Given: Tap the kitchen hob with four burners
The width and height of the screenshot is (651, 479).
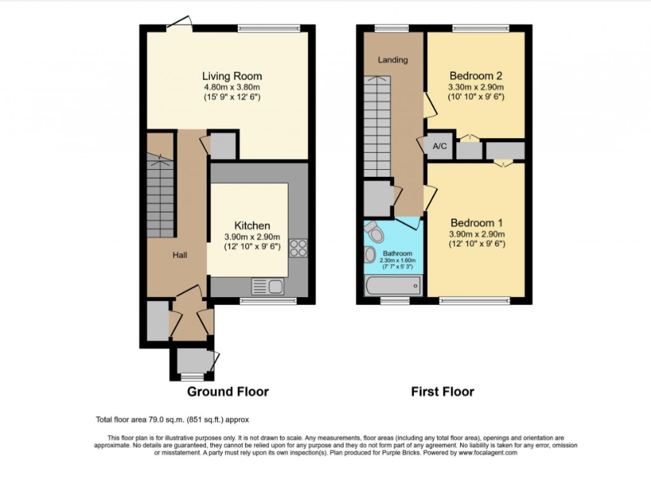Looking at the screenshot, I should (298, 248).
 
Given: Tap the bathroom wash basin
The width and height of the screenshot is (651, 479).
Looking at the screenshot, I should (370, 255).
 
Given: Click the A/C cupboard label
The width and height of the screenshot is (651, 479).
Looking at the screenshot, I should (440, 146).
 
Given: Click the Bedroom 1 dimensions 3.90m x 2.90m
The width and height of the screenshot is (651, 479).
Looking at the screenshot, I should (477, 234).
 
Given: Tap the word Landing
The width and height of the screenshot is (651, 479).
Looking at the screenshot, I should (393, 60).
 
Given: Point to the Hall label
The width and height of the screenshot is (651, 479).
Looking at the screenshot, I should (180, 255).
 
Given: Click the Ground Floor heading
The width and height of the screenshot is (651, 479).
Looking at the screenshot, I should (228, 392).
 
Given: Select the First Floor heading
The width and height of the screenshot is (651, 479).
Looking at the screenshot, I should (442, 392).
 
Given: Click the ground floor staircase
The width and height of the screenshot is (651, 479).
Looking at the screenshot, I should (160, 197).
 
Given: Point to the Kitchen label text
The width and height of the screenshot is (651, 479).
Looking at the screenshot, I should (252, 226).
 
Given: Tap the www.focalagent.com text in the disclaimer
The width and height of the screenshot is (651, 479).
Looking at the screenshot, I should (487, 453).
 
